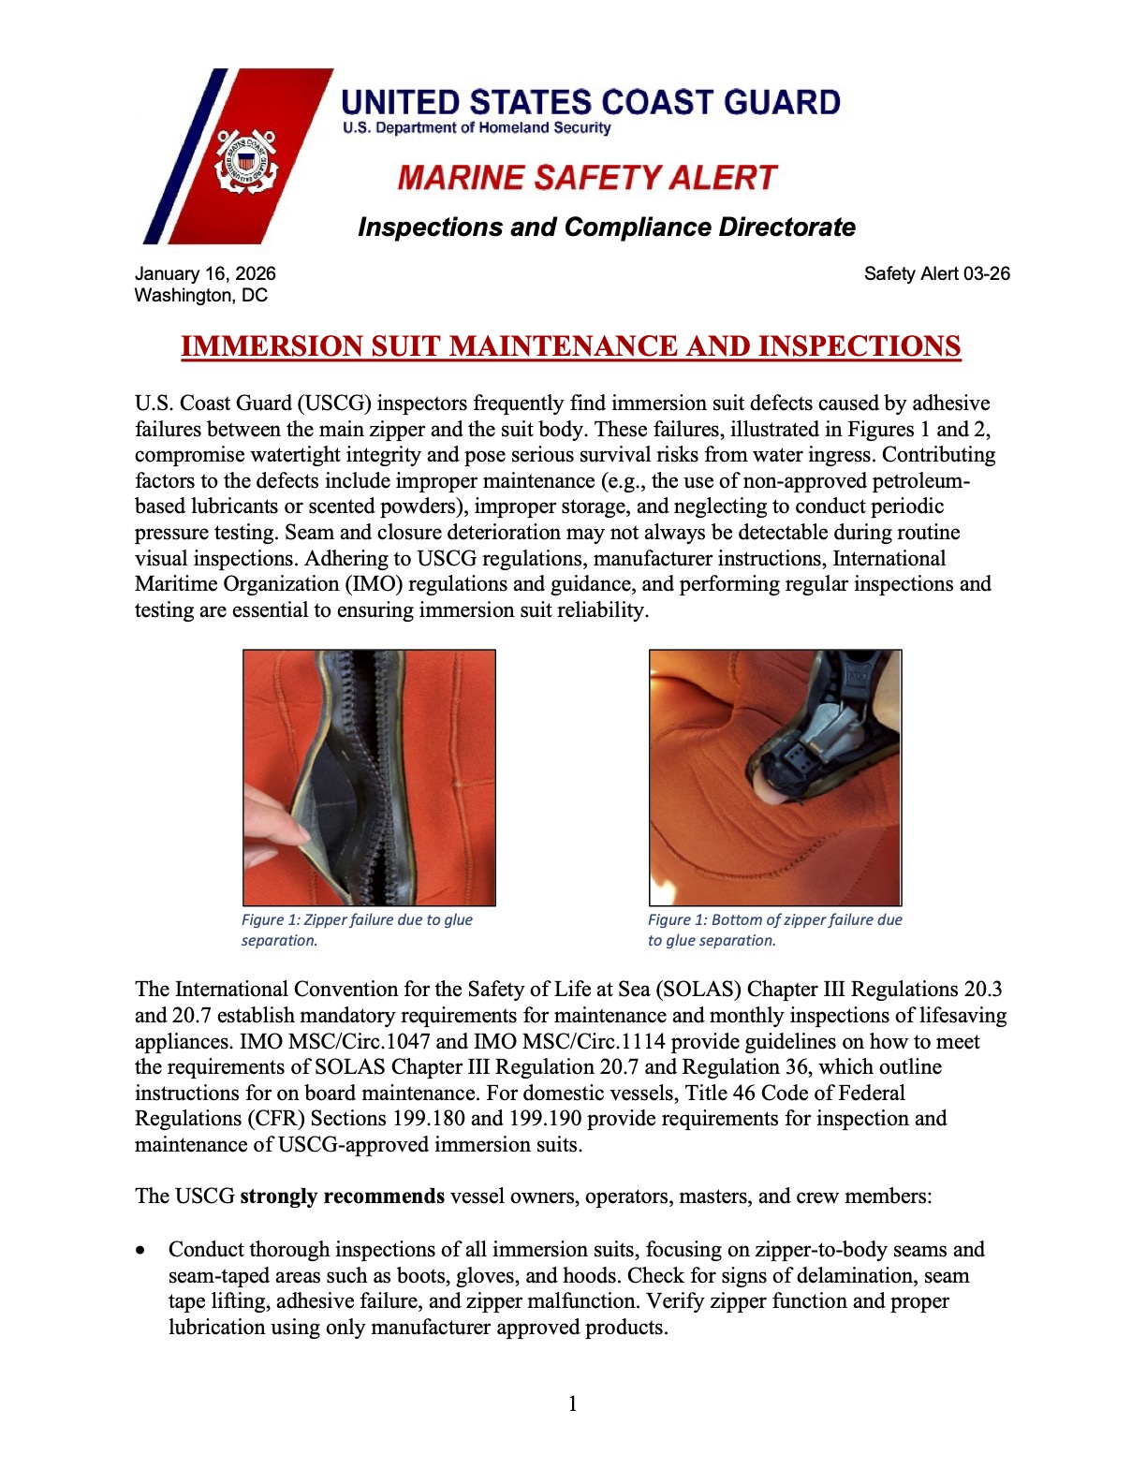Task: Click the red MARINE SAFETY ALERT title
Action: [x=587, y=178]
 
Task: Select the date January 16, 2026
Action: [x=205, y=273]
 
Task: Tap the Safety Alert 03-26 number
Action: [x=936, y=273]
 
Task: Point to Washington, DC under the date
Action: [x=201, y=296]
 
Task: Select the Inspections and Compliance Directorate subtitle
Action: [x=606, y=228]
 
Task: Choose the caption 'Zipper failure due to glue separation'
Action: [x=357, y=930]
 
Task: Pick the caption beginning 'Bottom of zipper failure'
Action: [x=774, y=930]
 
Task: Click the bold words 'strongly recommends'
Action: [x=342, y=1197]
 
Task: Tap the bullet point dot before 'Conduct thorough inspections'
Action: [x=140, y=1251]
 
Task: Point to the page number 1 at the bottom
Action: [x=573, y=1402]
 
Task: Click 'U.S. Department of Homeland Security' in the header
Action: [x=476, y=127]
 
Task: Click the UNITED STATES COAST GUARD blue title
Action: [x=591, y=101]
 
